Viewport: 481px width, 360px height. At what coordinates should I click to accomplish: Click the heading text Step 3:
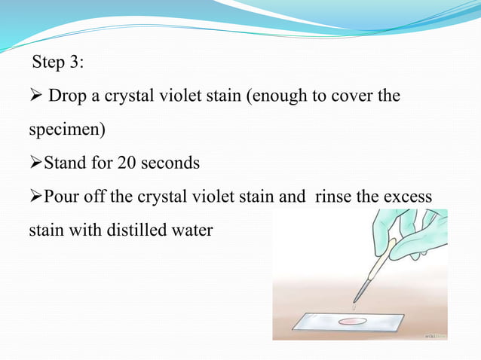[59, 63]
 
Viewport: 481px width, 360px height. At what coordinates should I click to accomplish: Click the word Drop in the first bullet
[65, 96]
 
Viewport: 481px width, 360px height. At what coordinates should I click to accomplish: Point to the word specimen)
[67, 130]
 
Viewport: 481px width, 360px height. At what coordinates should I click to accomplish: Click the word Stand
[67, 163]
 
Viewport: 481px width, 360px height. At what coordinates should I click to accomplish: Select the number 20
[122, 163]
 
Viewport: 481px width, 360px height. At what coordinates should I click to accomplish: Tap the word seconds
[170, 163]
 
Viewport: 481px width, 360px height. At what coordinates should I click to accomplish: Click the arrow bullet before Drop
[35, 97]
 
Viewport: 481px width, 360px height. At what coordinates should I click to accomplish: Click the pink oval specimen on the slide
[352, 322]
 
